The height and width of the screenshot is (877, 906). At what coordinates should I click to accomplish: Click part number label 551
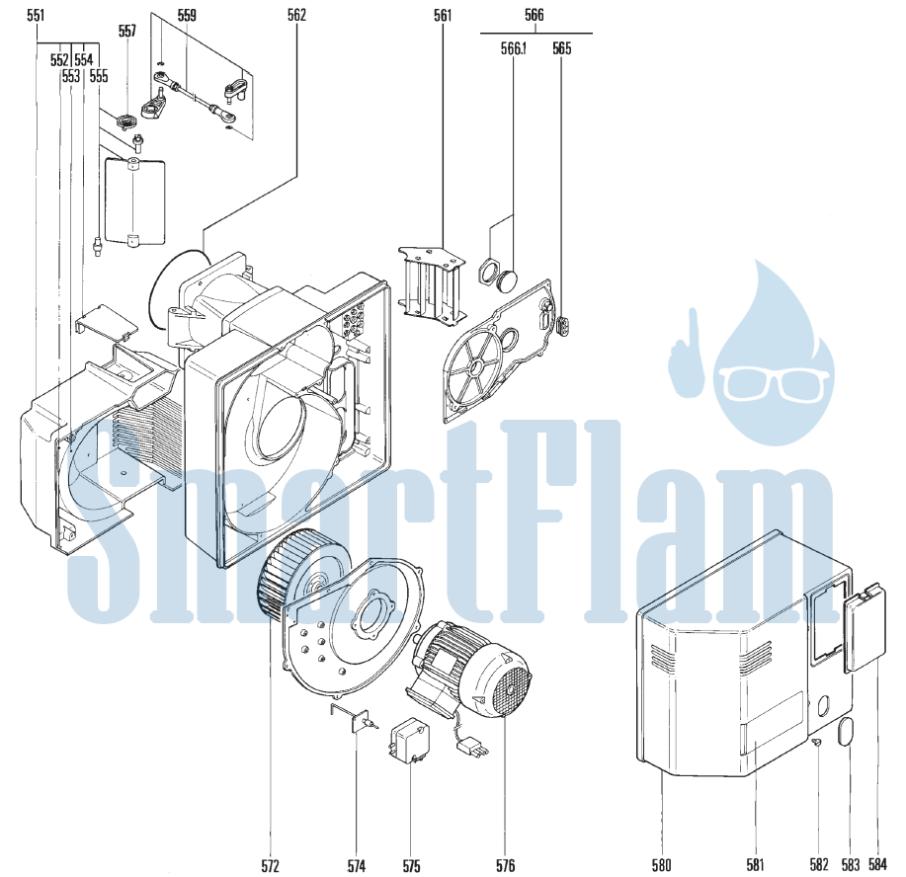point(36,15)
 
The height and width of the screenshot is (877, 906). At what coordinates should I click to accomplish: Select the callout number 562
point(296,15)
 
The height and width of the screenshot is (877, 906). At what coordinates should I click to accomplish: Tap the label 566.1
point(513,48)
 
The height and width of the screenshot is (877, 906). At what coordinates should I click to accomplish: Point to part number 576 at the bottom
point(505,865)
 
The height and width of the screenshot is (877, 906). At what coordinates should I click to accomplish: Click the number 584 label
point(877,864)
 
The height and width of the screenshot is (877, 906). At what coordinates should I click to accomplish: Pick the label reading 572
point(270,865)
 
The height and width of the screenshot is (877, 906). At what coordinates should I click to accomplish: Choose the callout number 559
point(187,15)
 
